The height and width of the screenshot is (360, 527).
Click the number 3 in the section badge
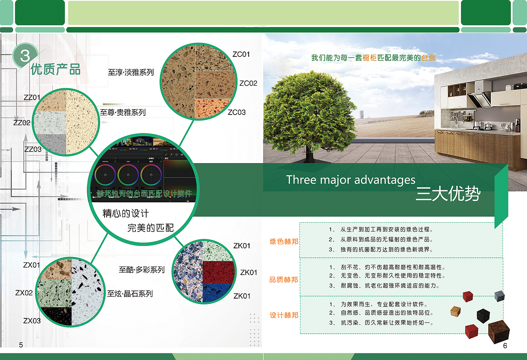click(25, 55)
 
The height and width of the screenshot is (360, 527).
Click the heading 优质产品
click(56, 69)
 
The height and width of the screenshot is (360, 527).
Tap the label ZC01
click(241, 54)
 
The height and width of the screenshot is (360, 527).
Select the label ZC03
click(237, 112)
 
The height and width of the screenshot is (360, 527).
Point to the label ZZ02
click(22, 123)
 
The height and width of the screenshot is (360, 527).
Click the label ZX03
click(32, 320)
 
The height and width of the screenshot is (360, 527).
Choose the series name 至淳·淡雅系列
click(131, 72)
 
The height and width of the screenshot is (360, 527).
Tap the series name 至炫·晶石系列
click(130, 294)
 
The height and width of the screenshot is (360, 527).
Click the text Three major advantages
click(351, 180)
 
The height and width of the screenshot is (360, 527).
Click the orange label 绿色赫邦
click(284, 241)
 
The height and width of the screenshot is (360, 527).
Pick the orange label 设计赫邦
click(284, 315)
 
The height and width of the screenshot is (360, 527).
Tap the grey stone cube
click(499, 296)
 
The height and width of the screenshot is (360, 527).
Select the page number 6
click(505, 346)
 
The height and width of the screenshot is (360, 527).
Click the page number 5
click(21, 345)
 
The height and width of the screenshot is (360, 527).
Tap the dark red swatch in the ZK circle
click(218, 272)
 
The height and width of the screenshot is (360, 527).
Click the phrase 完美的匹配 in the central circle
click(151, 228)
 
